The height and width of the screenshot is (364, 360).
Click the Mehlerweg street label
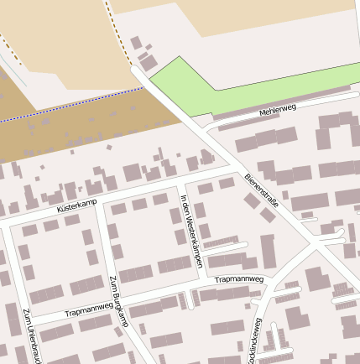tap(278, 111)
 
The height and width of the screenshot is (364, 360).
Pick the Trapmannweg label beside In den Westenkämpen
tap(239, 279)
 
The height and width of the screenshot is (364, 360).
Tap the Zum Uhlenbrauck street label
tap(34, 335)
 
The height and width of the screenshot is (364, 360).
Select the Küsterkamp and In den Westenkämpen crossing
tap(180, 183)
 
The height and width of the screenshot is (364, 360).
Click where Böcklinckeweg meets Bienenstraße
tap(312, 243)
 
